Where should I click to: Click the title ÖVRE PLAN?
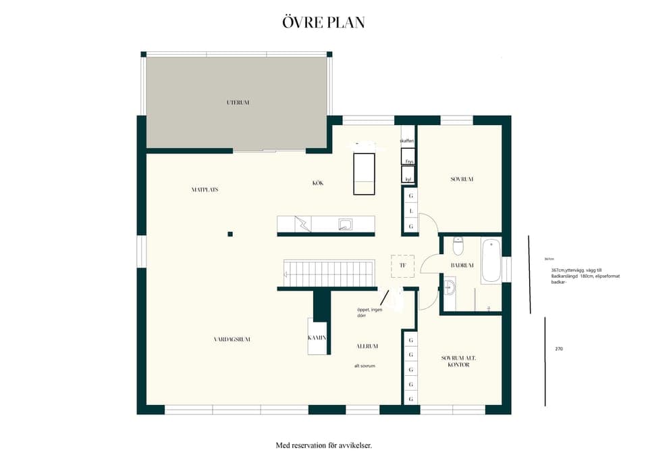(324, 22)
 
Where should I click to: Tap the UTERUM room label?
(238, 103)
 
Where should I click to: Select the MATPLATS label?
(205, 190)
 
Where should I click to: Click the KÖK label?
(318, 183)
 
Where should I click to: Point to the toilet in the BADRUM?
(458, 245)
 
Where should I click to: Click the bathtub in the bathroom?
(491, 261)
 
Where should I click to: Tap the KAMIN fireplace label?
(317, 337)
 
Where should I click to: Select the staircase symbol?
(329, 274)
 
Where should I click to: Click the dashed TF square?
(403, 266)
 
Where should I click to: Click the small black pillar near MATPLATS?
(230, 234)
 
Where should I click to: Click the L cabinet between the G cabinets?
(410, 211)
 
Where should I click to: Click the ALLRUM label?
(367, 346)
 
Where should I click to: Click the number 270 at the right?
(559, 349)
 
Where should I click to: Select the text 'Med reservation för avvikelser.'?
(324, 445)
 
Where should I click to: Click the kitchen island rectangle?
(364, 174)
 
